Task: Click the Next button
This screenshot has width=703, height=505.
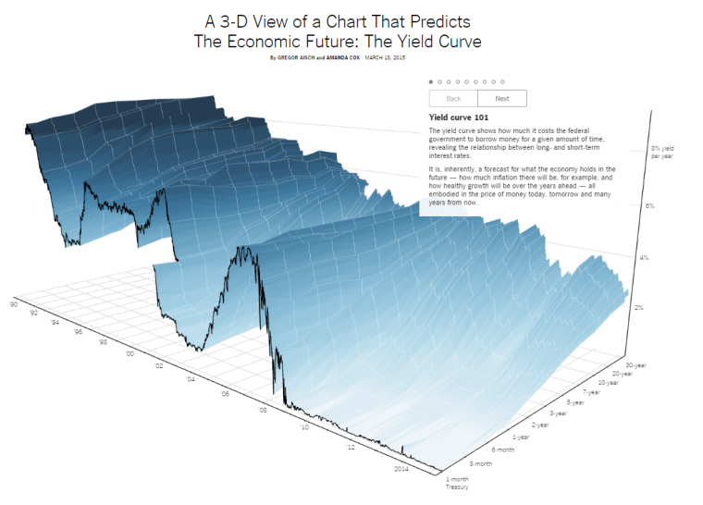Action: point(502,98)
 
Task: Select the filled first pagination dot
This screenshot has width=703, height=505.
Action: point(431,81)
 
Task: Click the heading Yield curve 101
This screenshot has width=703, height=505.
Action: point(460,117)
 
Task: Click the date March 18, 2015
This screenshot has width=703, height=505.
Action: point(386,57)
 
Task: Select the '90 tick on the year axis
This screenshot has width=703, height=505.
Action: point(14,303)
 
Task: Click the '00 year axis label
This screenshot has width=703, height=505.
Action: point(130,353)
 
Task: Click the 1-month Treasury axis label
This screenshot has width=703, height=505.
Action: point(458,482)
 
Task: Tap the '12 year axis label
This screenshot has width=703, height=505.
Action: point(351,447)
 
